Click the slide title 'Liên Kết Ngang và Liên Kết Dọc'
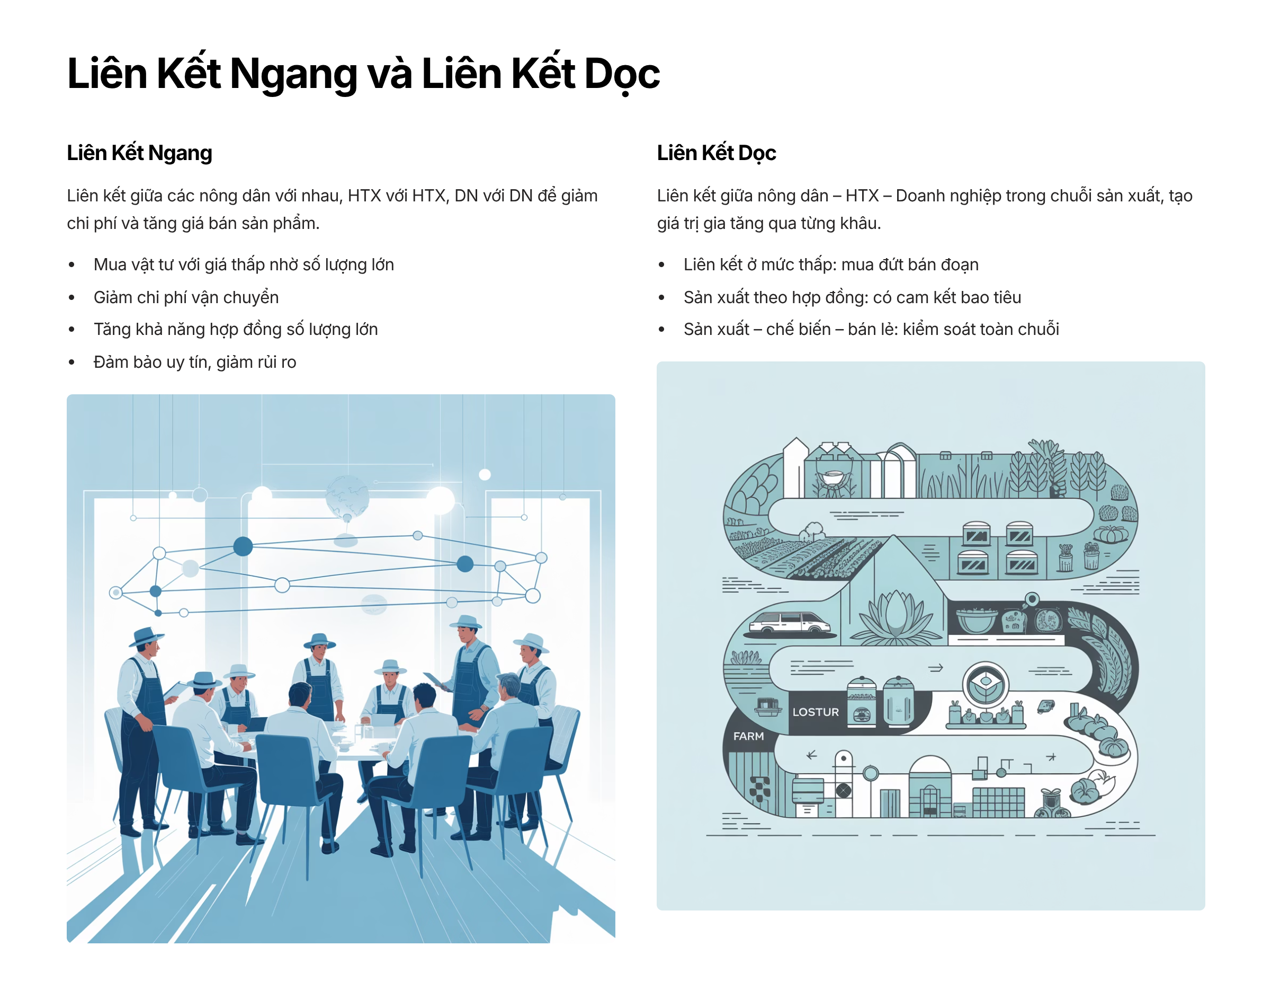[363, 74]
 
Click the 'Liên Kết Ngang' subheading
[139, 153]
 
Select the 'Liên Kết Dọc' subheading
[717, 153]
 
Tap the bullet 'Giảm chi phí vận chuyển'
[186, 297]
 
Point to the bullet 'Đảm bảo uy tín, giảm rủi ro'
[194, 361]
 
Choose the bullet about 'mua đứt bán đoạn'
[830, 265]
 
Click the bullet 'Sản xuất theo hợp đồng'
[852, 297]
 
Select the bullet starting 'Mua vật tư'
[244, 265]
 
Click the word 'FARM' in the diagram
[748, 736]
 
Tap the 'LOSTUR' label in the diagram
[816, 712]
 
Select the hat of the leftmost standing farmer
[146, 636]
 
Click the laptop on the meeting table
[384, 720]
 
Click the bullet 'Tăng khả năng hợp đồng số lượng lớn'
[235, 329]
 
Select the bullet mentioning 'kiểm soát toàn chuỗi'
[871, 329]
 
